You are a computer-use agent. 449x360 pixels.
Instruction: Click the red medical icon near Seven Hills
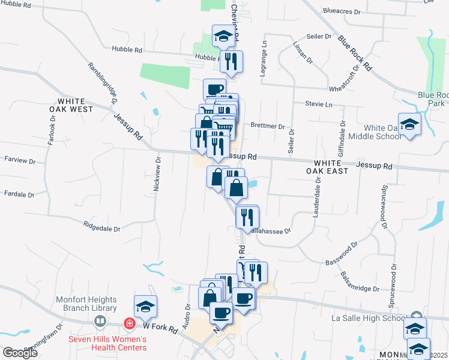pos(129,324)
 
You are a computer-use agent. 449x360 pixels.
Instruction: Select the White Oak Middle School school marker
pos(409,125)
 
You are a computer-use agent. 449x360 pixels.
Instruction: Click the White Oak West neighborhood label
pos(75,106)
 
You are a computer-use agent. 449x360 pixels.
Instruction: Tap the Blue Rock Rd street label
pos(355,51)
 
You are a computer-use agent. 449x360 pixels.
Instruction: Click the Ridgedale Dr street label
pos(101,229)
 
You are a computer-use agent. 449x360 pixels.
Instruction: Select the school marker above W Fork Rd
pos(145,307)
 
